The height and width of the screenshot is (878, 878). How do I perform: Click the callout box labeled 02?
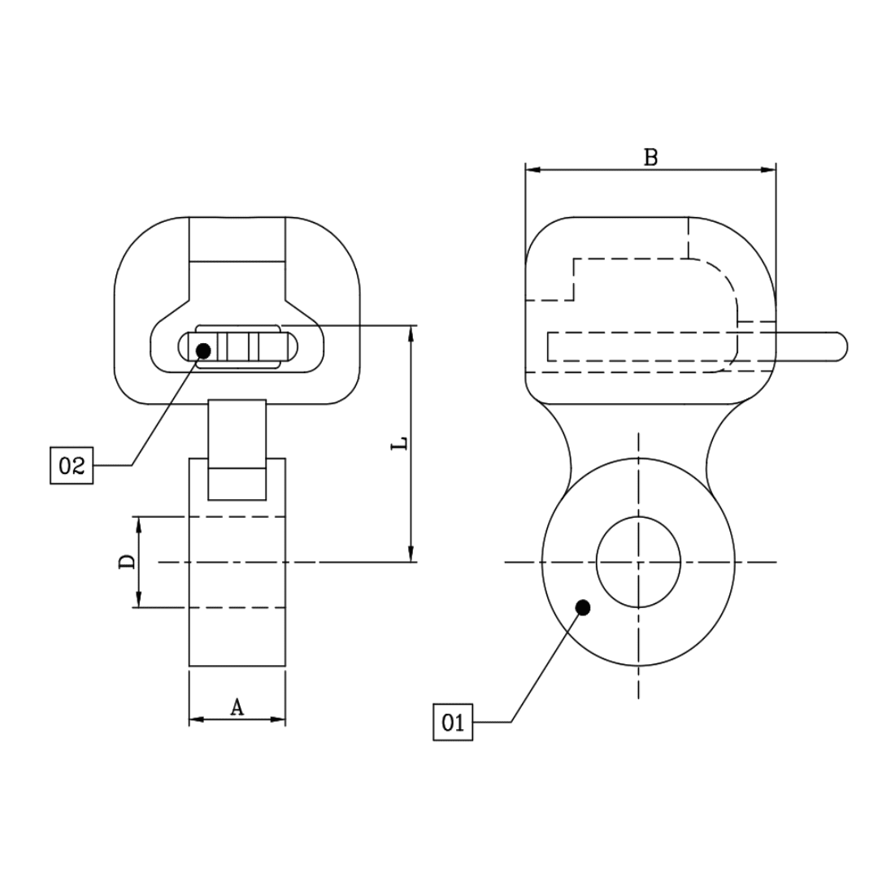click(72, 466)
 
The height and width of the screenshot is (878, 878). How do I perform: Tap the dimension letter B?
click(650, 157)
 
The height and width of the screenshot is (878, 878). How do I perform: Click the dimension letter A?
click(237, 707)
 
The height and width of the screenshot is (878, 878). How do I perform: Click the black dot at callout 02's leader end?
click(203, 350)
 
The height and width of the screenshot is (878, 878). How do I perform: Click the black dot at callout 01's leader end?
click(582, 606)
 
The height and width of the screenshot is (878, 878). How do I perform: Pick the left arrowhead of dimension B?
click(532, 170)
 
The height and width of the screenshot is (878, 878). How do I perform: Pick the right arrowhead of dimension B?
click(768, 170)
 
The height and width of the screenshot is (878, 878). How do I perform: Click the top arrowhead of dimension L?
click(411, 333)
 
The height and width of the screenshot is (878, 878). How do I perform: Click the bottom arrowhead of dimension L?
click(411, 554)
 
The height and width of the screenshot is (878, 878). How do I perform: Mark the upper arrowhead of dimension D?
click(139, 524)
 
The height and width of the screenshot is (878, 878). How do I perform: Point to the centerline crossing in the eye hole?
click(639, 562)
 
